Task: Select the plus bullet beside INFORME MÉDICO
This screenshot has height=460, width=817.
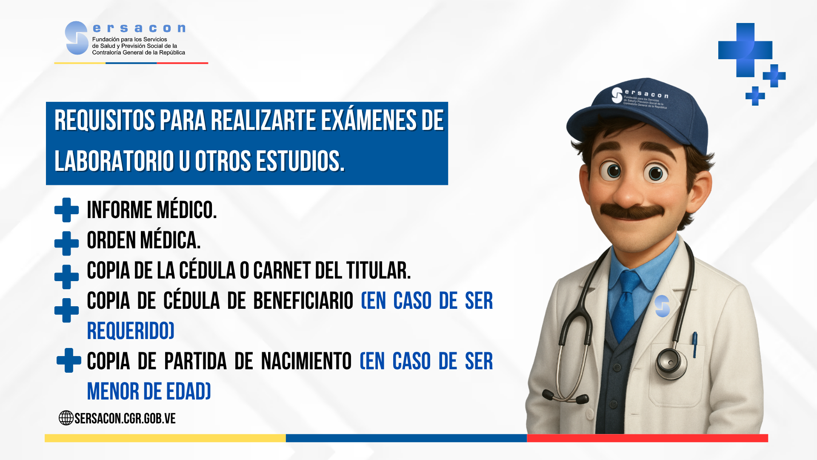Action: click(66, 210)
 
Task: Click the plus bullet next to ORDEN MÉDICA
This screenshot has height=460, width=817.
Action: click(66, 244)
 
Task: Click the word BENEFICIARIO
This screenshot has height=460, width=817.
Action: click(303, 301)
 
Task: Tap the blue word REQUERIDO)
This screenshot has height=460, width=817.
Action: click(131, 331)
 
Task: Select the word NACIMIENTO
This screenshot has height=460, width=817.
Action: click(306, 361)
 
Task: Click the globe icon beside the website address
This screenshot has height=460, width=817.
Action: click(66, 418)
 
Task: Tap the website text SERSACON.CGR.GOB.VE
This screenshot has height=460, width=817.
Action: click(125, 418)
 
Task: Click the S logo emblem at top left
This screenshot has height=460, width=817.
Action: click(77, 38)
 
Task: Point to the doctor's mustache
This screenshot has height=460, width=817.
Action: click(632, 211)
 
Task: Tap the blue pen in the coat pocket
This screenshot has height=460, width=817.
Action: click(695, 344)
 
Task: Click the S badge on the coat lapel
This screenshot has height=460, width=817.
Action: click(662, 306)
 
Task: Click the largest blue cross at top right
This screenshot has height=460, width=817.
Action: click(745, 50)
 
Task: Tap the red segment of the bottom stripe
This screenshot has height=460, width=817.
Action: click(647, 438)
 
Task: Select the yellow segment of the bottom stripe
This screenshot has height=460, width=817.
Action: click(165, 438)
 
